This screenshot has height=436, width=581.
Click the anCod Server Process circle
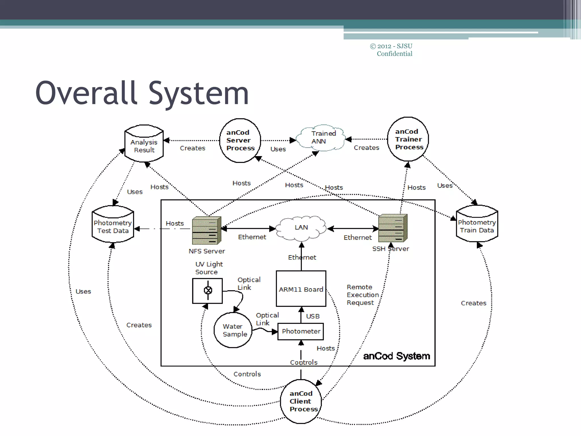pos(240,141)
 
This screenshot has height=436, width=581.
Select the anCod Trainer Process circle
pos(408,139)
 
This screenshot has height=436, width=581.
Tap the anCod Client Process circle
pos(301,401)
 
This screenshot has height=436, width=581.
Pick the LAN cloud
pos(301,228)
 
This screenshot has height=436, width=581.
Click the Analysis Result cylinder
pos(144,144)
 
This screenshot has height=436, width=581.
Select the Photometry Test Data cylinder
pos(113,225)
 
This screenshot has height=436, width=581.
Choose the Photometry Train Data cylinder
pos(477,224)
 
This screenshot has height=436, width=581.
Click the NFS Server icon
pos(206,230)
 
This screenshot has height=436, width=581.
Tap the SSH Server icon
pos(393,228)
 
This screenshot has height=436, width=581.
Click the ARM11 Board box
pos(301,289)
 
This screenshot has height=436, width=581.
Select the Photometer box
pos(301,331)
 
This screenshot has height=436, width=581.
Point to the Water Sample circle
pos(233,330)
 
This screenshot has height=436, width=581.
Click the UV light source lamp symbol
pos(208,290)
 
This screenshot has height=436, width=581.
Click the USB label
pos(313,316)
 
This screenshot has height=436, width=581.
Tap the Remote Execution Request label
pos(362,295)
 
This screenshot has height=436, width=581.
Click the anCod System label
pos(396,356)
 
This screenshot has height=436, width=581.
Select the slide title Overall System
pos(142,93)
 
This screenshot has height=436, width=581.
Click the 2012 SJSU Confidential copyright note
pos(392,50)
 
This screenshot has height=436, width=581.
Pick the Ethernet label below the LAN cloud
pos(302,257)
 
